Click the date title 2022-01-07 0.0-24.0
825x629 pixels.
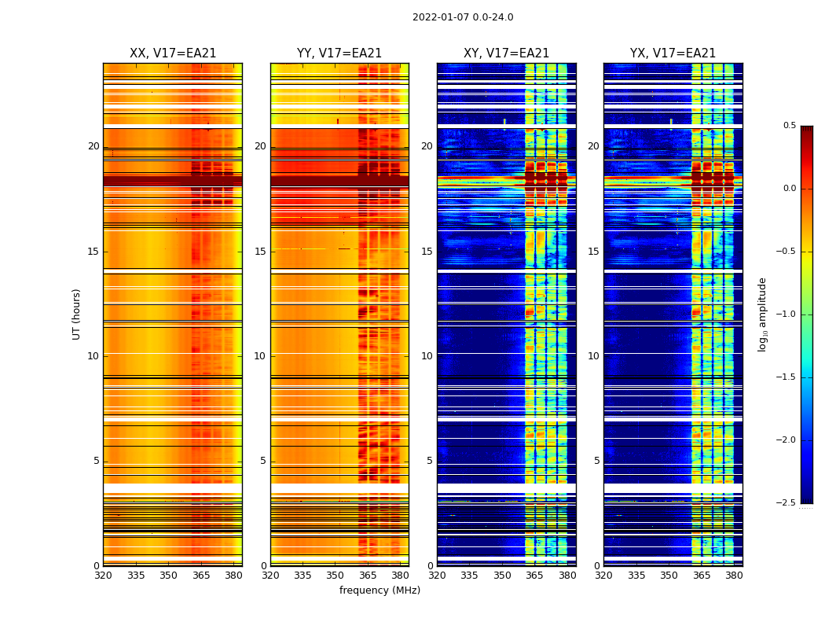(463, 17)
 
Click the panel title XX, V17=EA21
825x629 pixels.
(173, 53)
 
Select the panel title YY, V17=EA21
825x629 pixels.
(339, 53)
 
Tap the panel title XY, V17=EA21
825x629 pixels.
(506, 53)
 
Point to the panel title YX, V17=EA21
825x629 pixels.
(673, 53)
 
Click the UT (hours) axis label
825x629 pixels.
(76, 314)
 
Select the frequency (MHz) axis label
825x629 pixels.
(379, 590)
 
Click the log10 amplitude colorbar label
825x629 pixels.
(762, 314)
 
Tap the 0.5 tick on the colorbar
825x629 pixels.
(789, 126)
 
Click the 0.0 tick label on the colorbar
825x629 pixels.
(789, 189)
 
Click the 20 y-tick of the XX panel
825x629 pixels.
(93, 146)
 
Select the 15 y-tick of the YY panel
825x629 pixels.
(260, 252)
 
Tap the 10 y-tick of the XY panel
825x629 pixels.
(427, 356)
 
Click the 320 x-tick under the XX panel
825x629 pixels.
(103, 576)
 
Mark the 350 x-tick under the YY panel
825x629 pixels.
(335, 576)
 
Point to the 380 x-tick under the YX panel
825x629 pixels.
(734, 576)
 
